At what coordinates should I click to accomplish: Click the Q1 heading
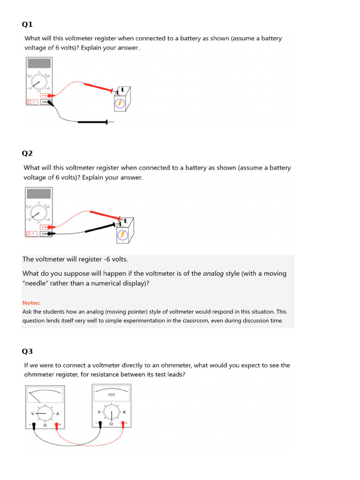(x=28, y=24)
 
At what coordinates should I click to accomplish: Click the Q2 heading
(x=28, y=153)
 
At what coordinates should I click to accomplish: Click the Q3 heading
(x=28, y=351)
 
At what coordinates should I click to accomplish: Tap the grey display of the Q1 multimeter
(x=39, y=63)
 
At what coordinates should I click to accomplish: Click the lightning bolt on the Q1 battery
(x=120, y=104)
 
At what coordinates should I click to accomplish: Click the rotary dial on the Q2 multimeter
(x=37, y=213)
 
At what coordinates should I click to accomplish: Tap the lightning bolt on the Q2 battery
(x=122, y=234)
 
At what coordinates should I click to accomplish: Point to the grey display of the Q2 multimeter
(x=39, y=193)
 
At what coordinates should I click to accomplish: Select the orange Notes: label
(x=31, y=303)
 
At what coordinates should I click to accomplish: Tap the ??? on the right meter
(x=112, y=395)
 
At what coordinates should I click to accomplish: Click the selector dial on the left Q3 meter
(x=45, y=413)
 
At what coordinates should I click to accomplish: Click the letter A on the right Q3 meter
(x=124, y=412)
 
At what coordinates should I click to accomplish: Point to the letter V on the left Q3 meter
(x=32, y=413)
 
